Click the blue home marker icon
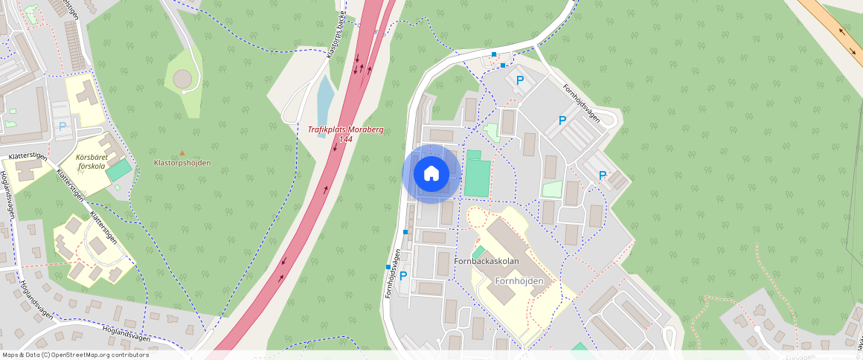point(431,174)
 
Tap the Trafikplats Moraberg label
point(346,129)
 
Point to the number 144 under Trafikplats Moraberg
point(346,139)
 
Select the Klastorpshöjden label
point(182,163)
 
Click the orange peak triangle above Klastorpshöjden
point(182,153)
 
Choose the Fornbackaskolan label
point(487,261)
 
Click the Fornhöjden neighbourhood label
point(525,281)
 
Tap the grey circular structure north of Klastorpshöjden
point(182,78)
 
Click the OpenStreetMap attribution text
point(76,355)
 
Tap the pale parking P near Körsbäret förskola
point(62,126)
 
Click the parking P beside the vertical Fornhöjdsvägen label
point(404,276)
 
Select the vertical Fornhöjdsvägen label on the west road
point(391,274)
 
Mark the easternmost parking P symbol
point(603,176)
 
